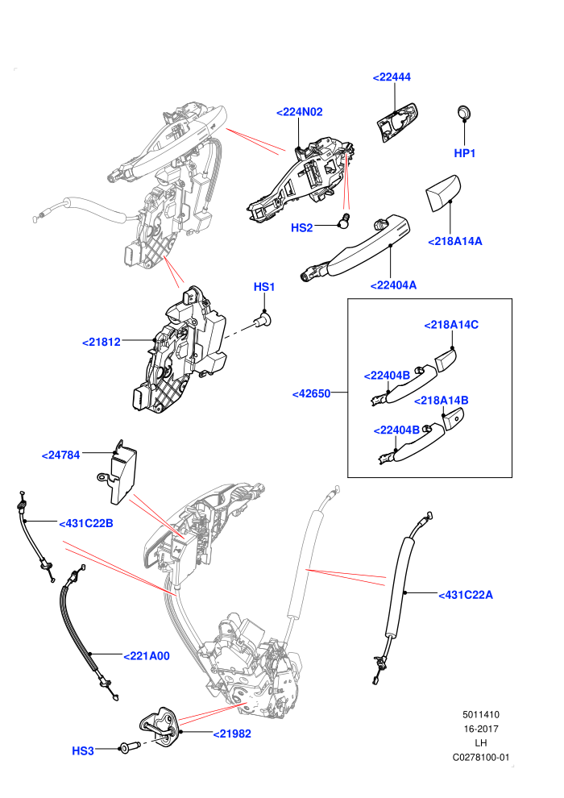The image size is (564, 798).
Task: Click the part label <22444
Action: pos(392,77)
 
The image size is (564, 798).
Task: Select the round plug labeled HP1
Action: pos(464,112)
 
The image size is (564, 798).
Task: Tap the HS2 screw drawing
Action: pos(344,220)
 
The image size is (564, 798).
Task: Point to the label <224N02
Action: pos(300,112)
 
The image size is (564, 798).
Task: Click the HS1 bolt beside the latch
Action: pos(263,321)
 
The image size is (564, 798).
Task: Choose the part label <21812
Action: pos(102,342)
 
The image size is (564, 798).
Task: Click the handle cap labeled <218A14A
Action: pos(442,193)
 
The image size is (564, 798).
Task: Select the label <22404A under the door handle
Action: pos(394,285)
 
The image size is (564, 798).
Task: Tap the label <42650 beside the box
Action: pos(311,393)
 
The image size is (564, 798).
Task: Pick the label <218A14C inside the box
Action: pos(452,325)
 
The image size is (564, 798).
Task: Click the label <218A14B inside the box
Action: pos(442,401)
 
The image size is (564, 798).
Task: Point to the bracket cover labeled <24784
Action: pos(118,472)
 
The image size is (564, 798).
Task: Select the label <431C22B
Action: pos(86,523)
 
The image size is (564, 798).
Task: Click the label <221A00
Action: pos(147,656)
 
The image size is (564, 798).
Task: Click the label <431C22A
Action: pos(466,595)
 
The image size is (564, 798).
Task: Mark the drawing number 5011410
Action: pos(480,714)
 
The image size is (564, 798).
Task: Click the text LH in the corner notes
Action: pos(480,743)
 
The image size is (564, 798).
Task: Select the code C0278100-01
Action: pos(480,757)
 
